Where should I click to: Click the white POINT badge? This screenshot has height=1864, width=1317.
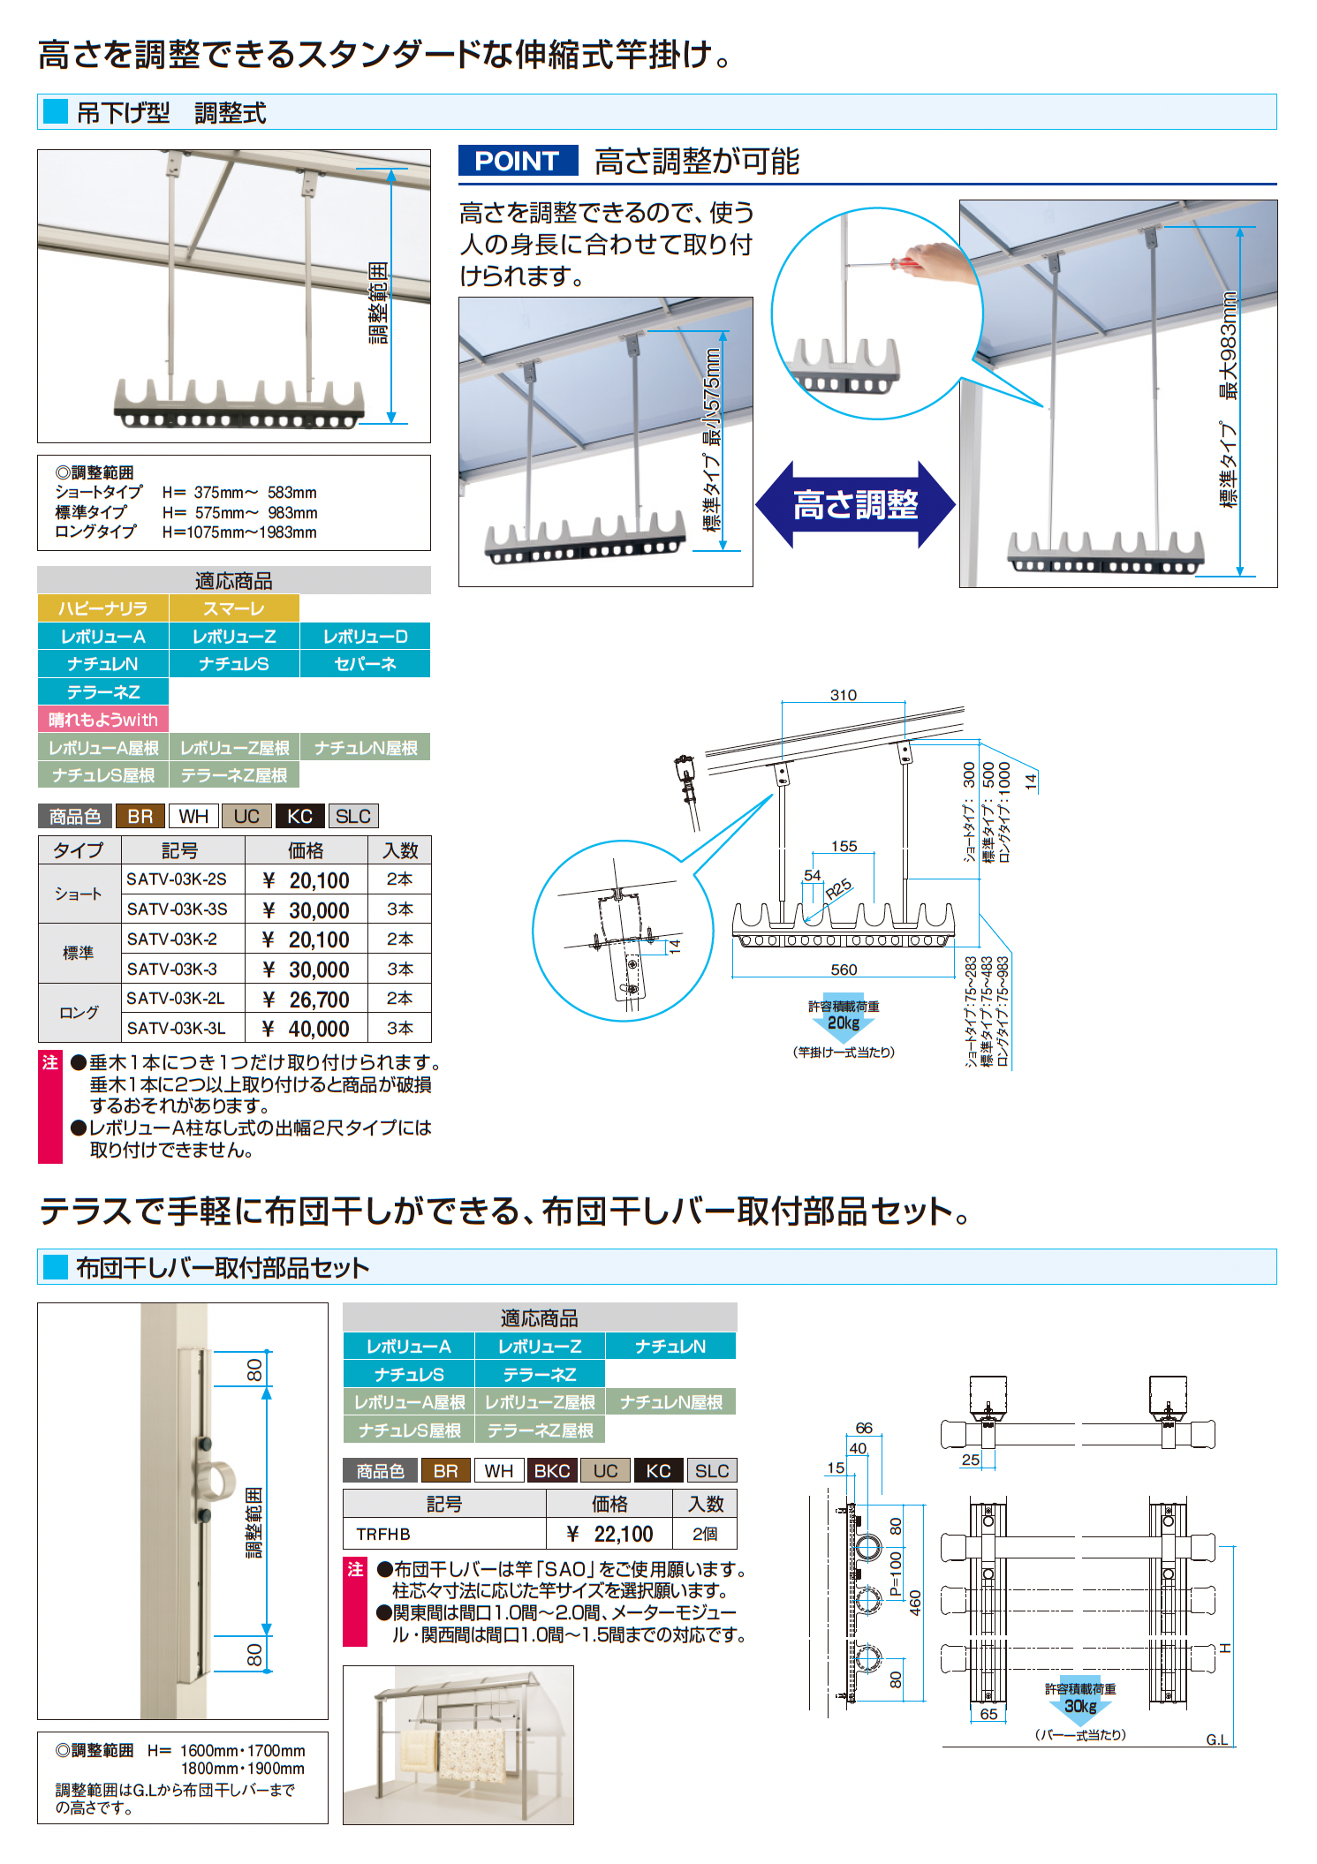(x=518, y=161)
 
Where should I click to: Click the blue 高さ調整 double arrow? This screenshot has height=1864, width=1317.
(x=855, y=505)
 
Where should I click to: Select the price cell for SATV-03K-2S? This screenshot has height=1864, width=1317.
(x=307, y=880)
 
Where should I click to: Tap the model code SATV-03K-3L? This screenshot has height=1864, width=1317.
(x=177, y=1029)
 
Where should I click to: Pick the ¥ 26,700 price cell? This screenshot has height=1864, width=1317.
(x=307, y=999)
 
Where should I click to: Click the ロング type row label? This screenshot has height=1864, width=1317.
(x=79, y=1013)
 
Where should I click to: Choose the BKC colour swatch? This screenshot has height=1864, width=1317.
(x=552, y=1471)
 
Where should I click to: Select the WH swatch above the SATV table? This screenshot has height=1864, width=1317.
(x=194, y=816)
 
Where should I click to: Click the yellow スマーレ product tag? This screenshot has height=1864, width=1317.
(x=234, y=608)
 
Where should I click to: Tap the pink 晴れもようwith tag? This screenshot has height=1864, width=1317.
(x=103, y=720)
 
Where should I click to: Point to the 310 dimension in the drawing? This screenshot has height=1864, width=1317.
(x=844, y=695)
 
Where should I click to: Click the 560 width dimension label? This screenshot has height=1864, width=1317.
(x=844, y=970)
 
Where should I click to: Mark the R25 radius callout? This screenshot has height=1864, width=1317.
(x=838, y=888)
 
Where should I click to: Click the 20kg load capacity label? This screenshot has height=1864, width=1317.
(x=844, y=1023)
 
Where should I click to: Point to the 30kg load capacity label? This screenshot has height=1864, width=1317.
(x=1080, y=1706)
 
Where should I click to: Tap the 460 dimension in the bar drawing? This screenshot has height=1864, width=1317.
(x=915, y=1603)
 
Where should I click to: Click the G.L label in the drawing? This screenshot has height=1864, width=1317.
(x=1217, y=1739)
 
